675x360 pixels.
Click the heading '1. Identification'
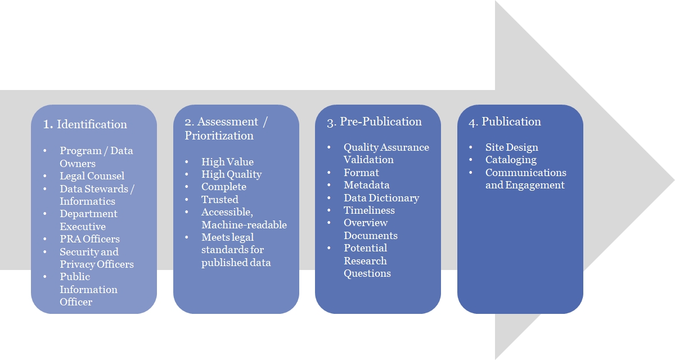[x=85, y=124]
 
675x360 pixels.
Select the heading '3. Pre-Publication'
[x=374, y=121]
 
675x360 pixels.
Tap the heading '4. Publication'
[x=505, y=121]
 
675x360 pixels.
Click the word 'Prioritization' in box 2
[x=219, y=136]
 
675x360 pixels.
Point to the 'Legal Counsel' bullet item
[x=92, y=176]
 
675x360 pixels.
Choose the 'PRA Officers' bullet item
[x=89, y=239]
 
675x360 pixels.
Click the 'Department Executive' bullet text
[x=88, y=220]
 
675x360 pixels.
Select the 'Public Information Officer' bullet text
[x=88, y=289]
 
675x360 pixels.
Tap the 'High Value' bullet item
[x=227, y=162]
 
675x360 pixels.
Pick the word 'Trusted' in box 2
[x=219, y=200]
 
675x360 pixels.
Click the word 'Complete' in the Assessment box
[x=223, y=187]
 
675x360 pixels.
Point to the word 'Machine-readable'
[x=244, y=225]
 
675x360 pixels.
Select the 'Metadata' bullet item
[x=366, y=185]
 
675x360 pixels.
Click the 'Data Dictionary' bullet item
[x=381, y=198]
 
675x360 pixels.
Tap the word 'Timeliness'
[x=369, y=210]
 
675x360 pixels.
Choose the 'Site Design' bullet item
[x=511, y=147]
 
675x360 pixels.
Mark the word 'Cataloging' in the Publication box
[x=511, y=160]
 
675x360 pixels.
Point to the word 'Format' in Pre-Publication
[x=361, y=173]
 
